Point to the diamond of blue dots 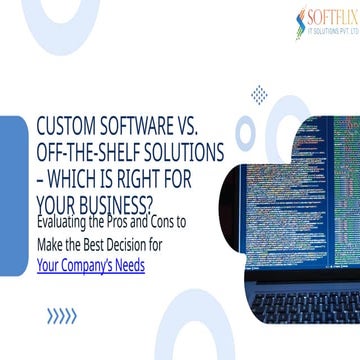coord(261,96)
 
